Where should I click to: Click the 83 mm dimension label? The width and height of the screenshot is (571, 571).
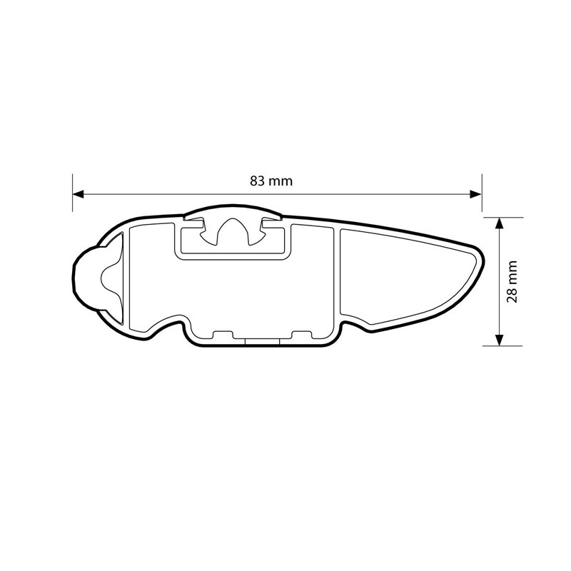click(x=271, y=181)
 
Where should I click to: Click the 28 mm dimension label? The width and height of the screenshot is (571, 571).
click(x=511, y=281)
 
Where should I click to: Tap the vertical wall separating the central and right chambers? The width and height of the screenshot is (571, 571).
click(x=338, y=278)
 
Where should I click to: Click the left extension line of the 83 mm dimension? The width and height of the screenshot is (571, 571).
click(x=72, y=193)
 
